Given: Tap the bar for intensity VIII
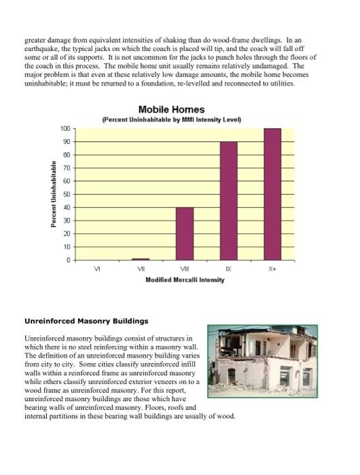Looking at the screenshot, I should click(x=185, y=233).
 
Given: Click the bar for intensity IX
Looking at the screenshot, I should click(x=228, y=201).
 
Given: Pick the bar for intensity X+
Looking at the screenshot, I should click(x=272, y=194).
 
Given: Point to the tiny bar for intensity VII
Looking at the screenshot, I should click(x=141, y=259).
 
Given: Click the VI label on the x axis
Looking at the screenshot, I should click(x=97, y=269).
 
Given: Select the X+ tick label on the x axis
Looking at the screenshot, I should click(x=272, y=269).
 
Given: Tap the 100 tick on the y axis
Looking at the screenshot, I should click(x=65, y=128).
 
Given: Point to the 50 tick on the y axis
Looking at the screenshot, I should click(x=66, y=194).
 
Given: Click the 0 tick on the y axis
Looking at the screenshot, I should click(x=68, y=260).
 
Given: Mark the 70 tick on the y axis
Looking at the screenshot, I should click(x=66, y=168).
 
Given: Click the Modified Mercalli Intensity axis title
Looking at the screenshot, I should click(x=185, y=280).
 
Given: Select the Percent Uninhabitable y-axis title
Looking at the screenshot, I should click(x=53, y=194).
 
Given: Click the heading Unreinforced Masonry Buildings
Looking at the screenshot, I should click(x=86, y=320).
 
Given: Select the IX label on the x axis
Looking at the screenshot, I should click(x=229, y=269).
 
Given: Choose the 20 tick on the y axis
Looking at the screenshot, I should click(x=66, y=233).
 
